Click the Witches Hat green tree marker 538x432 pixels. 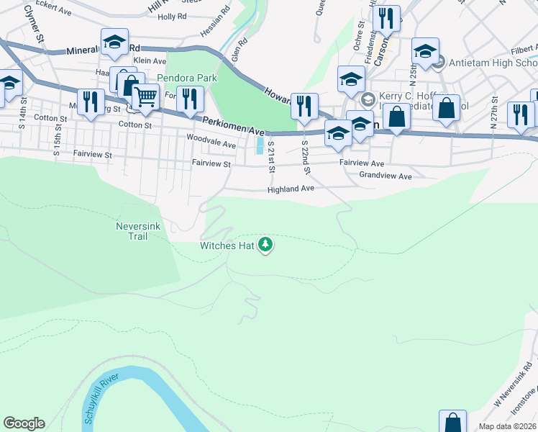coord(266,246)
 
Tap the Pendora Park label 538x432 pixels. coord(188,77)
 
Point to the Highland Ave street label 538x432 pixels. coord(291,189)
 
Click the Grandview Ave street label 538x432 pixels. coord(385,176)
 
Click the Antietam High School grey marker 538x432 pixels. coord(439,63)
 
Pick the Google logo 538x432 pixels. coord(24,423)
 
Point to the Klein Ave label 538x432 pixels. coord(149,62)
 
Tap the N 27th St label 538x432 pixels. coord(494,112)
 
